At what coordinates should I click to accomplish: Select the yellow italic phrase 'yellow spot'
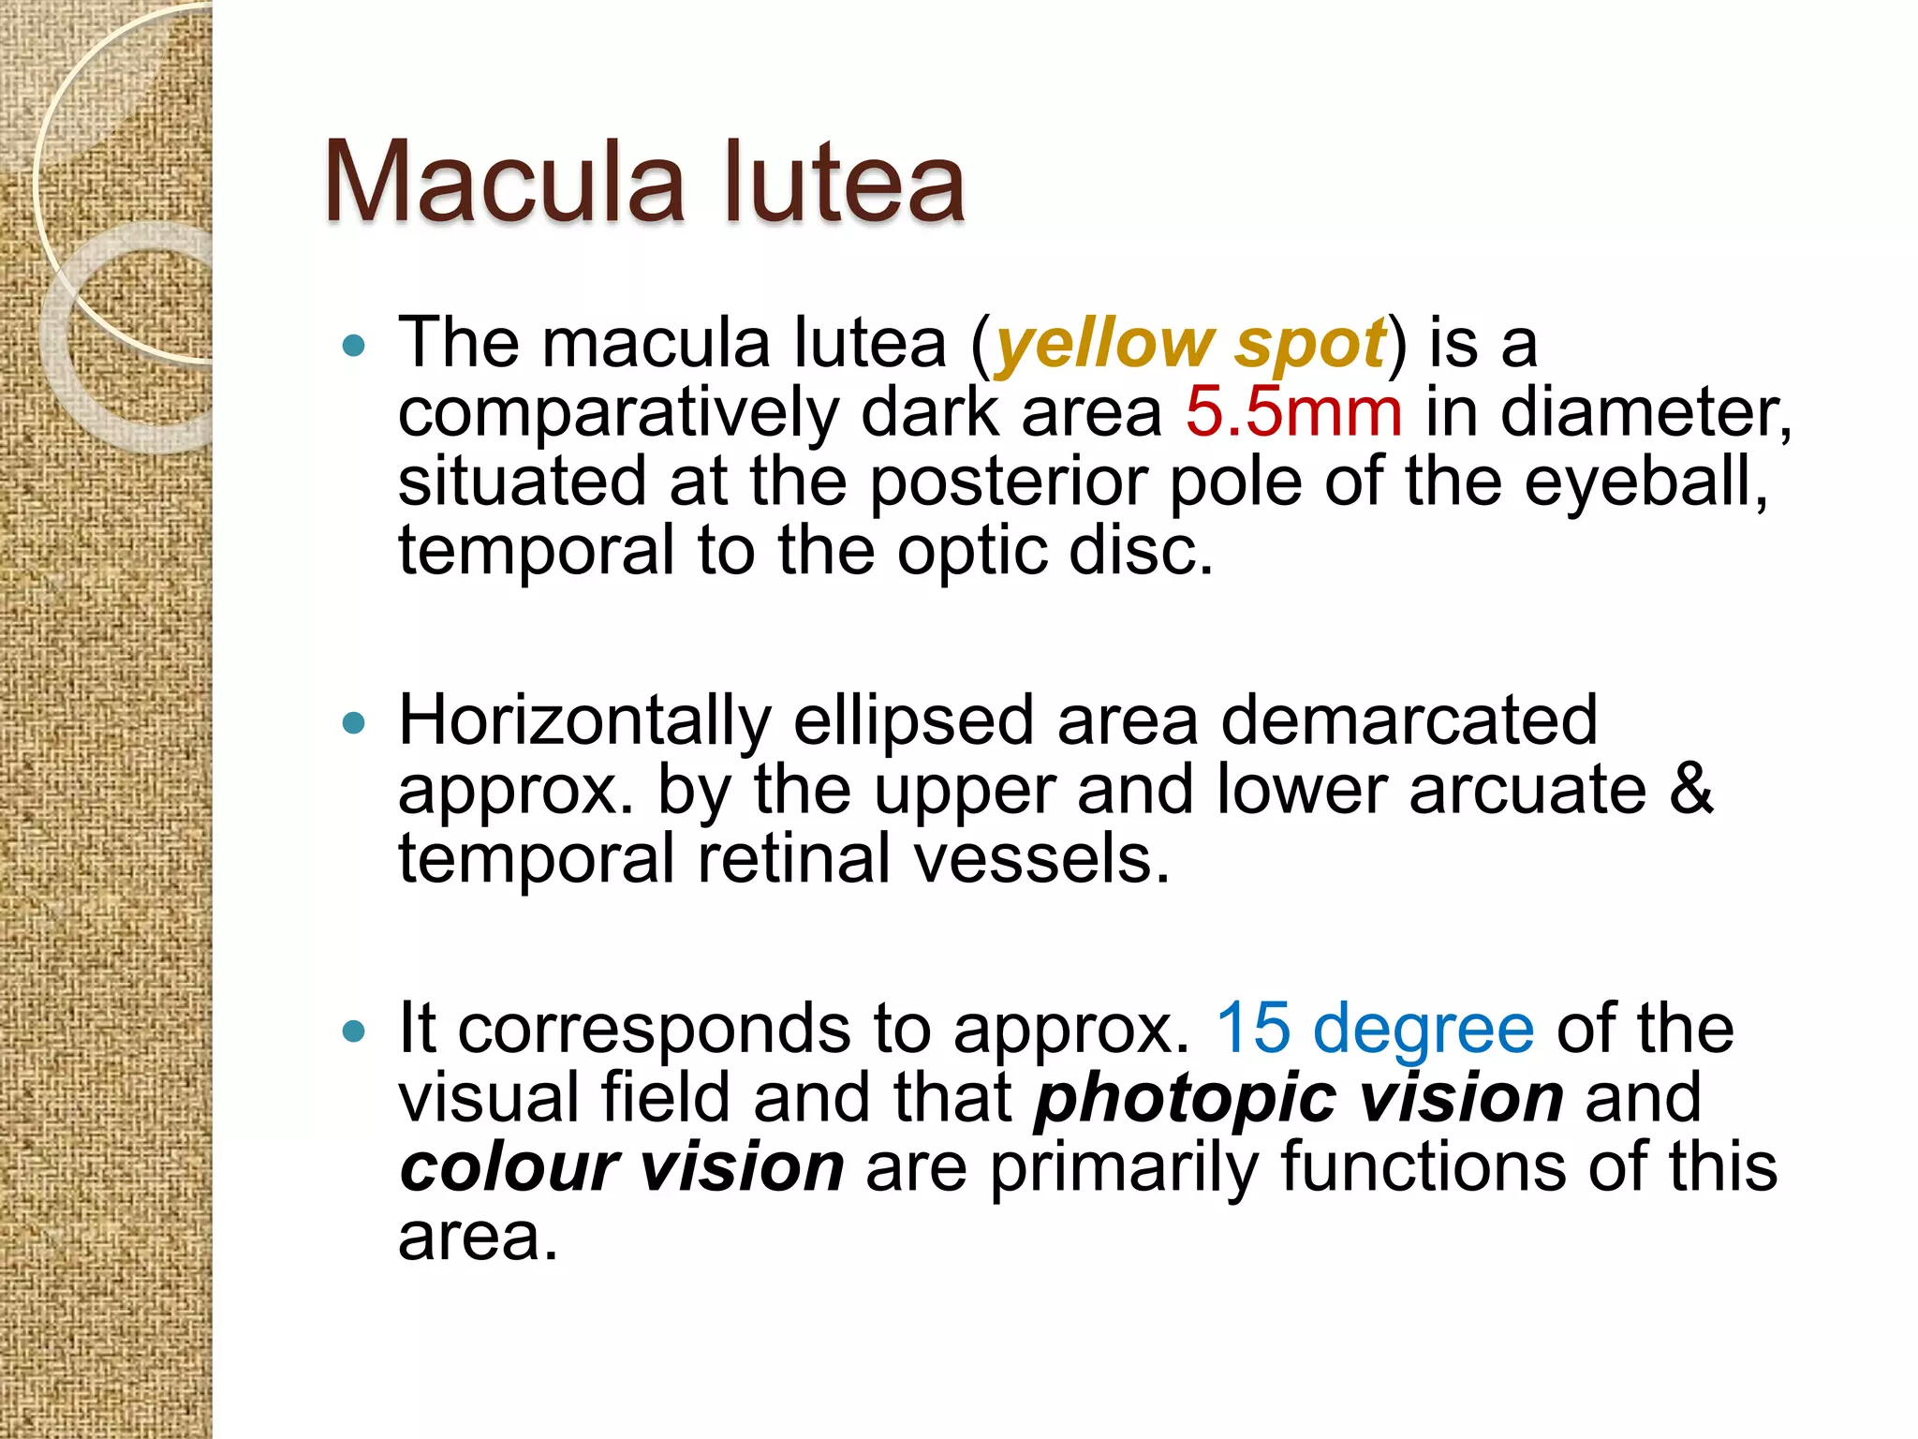[1189, 344]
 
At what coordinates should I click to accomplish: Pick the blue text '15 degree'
[1375, 1029]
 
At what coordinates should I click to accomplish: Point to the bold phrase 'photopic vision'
[1298, 1098]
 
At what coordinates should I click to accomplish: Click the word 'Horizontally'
[585, 721]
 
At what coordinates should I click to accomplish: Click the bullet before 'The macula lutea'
[354, 347]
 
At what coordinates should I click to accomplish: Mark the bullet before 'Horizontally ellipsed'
[354, 723]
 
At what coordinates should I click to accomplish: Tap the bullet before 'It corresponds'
[354, 1031]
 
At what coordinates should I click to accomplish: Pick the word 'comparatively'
[618, 414]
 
